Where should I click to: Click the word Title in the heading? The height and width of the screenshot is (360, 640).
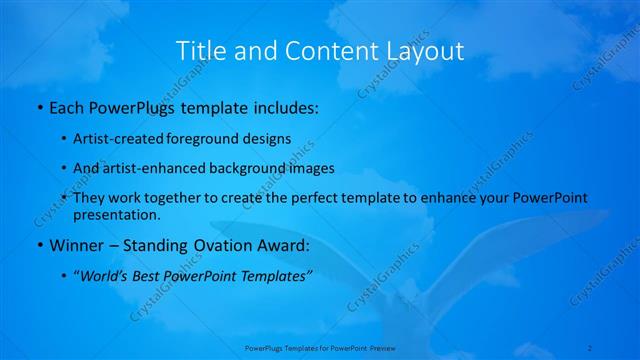[197, 50]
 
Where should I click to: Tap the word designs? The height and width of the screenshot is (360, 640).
[266, 138]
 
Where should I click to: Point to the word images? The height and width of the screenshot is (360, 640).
[310, 168]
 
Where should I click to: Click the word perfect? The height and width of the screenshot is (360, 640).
[317, 198]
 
